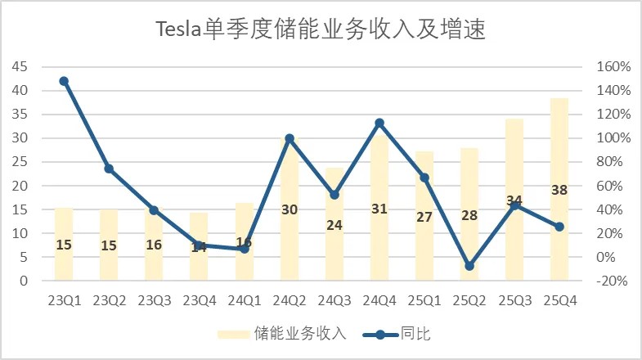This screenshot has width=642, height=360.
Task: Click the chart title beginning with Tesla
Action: point(321,30)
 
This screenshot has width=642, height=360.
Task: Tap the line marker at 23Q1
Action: point(64,81)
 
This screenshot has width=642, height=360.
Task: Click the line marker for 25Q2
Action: point(469,266)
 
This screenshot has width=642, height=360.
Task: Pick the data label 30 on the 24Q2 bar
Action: point(289,209)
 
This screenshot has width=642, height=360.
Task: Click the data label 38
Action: point(559,190)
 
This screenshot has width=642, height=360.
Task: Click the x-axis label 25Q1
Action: point(424,300)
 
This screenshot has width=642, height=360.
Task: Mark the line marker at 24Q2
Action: point(289,139)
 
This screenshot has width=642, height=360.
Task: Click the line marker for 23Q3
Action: point(154,210)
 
